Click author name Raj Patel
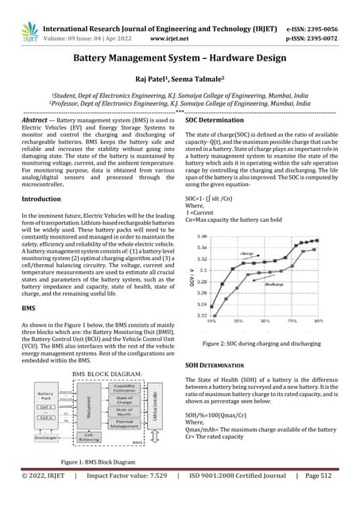[x=156, y=80]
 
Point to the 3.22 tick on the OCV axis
[x=202, y=316]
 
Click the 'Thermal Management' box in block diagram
[x=125, y=425]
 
